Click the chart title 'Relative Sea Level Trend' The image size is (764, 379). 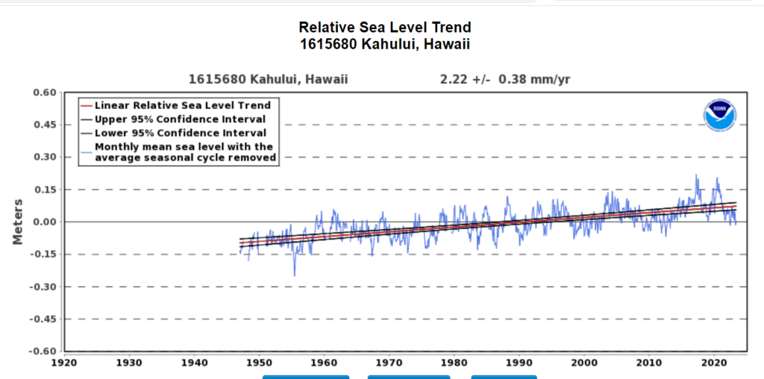[385, 28]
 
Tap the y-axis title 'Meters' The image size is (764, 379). [18, 222]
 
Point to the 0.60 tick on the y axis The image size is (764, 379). [45, 93]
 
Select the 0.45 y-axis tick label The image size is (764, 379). [45, 125]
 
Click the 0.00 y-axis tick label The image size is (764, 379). [45, 222]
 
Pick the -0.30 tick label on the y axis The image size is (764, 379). [43, 286]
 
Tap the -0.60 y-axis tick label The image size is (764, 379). [43, 351]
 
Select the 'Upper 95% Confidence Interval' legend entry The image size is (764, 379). [180, 119]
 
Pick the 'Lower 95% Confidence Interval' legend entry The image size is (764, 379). [180, 132]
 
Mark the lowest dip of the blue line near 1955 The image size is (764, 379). [294, 276]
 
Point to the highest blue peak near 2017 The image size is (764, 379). [696, 175]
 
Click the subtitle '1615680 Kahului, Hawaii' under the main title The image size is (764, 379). [385, 45]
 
